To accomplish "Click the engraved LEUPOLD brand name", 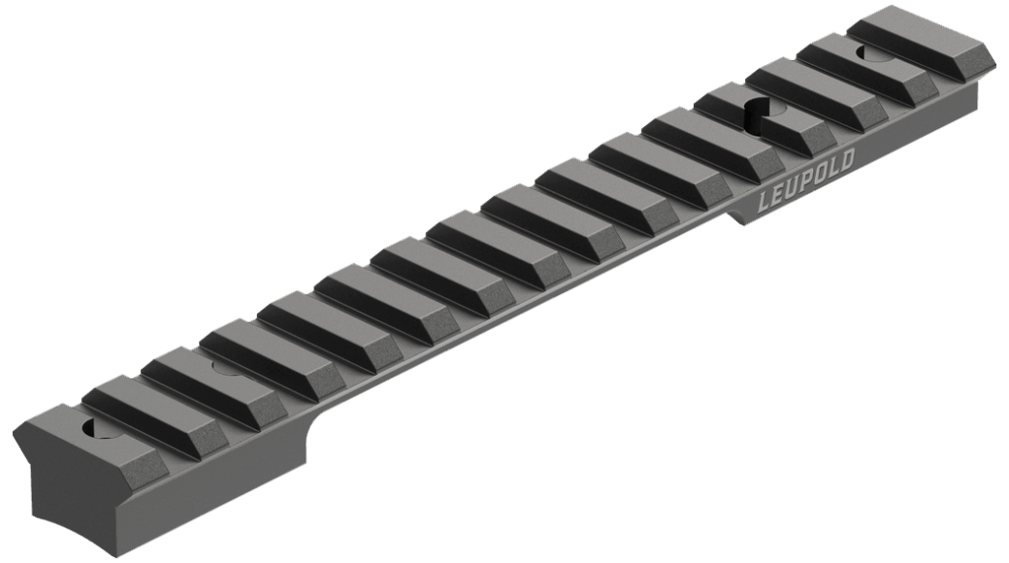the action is tap(807, 181).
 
